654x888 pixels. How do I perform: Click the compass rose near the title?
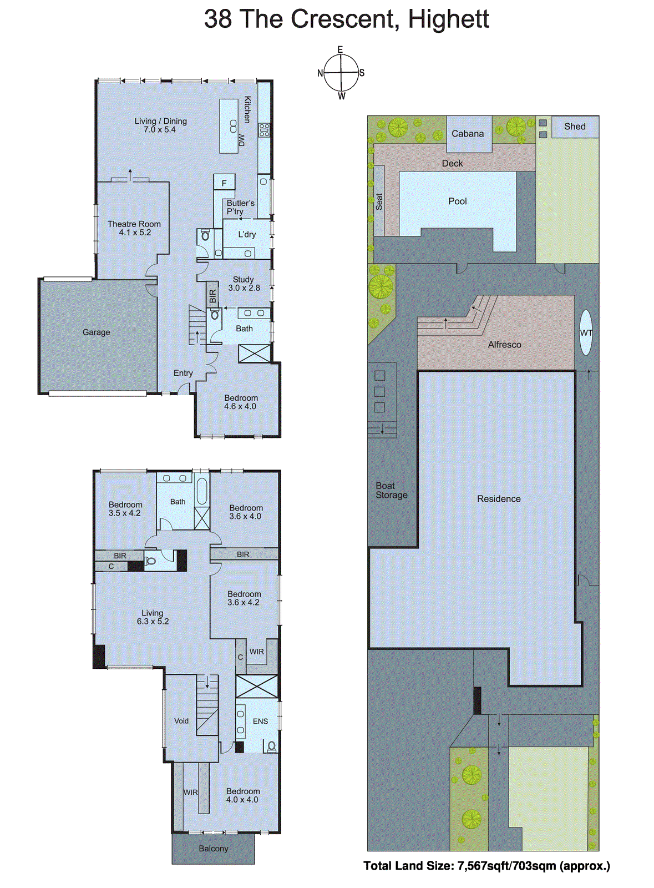point(341,73)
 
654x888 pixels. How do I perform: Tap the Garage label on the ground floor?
point(96,332)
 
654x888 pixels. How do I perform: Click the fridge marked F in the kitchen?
point(224,183)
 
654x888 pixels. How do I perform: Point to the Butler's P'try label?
point(240,207)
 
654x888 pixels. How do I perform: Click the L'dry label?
point(247,235)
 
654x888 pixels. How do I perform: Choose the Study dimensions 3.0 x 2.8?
point(244,288)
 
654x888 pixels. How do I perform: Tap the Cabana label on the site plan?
point(467,134)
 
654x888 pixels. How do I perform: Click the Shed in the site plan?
point(575,127)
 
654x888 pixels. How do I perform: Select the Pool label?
point(457,201)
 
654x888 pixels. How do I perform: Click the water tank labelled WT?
point(586,333)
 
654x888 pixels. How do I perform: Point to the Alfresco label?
point(504,345)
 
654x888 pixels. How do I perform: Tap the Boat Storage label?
point(392,491)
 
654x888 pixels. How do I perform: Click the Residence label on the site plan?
point(499,499)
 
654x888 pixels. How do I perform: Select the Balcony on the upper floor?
point(214,849)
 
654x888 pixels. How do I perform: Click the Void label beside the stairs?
point(181,721)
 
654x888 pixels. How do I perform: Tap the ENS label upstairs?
point(260,722)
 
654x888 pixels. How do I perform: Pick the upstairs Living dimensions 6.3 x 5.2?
point(153,622)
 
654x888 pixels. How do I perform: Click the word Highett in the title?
point(448,19)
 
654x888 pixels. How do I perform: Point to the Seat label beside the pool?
point(379,201)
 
